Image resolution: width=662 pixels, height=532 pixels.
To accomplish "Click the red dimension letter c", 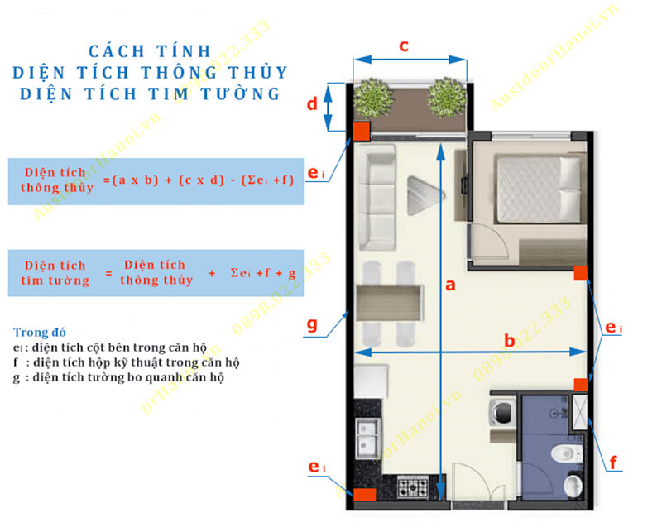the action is point(404,46).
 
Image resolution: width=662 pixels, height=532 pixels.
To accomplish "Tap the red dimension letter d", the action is point(312,103).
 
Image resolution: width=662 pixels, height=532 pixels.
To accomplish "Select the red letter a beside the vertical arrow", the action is point(450,285).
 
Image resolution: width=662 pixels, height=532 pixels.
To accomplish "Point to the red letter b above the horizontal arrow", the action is point(510,340).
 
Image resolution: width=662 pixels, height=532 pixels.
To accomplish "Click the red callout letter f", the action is point(613,463).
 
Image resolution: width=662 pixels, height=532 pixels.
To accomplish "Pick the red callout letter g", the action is point(312,324).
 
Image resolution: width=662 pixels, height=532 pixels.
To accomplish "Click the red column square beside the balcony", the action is point(362,132).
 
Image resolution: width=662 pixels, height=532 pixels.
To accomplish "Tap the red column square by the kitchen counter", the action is point(364,495).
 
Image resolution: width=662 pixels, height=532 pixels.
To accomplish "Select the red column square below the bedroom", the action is point(581,273).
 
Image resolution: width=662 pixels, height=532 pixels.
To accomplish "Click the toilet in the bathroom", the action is point(566,454).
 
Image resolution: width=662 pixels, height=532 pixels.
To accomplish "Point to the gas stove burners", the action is point(412,486).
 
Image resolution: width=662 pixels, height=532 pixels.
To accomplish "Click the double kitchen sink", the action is point(368,439).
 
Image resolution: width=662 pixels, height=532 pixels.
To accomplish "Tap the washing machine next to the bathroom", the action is point(502,412).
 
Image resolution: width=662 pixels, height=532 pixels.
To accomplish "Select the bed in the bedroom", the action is point(539,189).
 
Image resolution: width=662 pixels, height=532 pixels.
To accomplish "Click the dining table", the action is point(389,303).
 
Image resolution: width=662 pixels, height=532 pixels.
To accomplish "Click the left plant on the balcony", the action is point(373,98).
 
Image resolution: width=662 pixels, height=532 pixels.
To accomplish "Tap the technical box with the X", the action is point(580,412).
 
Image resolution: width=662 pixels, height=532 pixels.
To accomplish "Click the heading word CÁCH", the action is point(116,51).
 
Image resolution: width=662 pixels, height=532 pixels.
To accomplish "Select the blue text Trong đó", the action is point(40,333).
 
